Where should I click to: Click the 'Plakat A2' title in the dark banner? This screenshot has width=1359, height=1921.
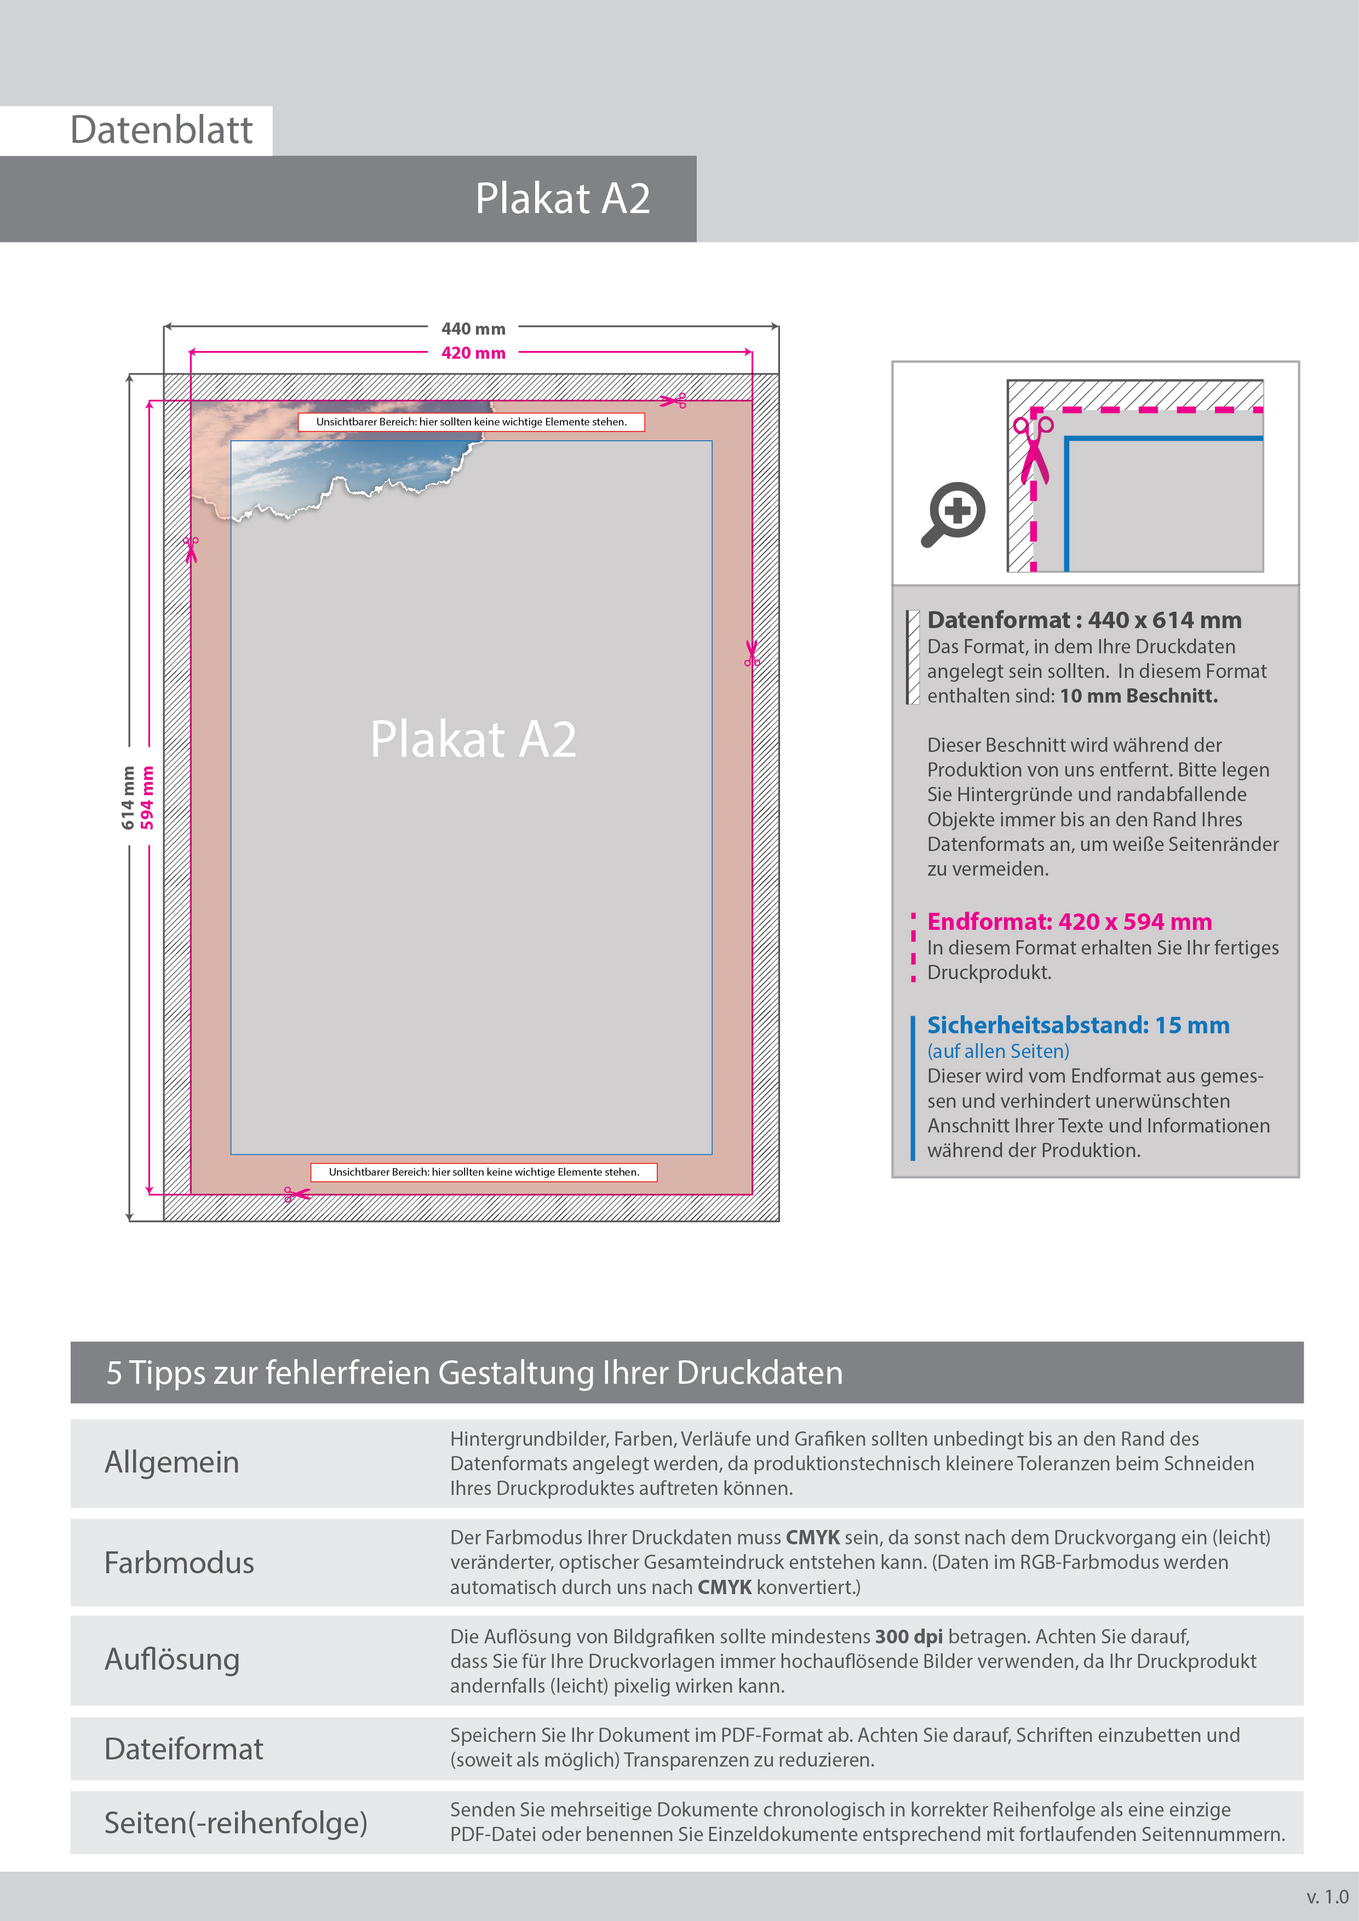coord(563,198)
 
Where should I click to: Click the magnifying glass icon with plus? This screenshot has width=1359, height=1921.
coord(954,513)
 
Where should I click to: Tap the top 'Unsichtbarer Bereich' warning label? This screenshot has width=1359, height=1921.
coord(471,422)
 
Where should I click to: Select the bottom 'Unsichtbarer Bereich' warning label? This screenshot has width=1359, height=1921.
coord(484,1172)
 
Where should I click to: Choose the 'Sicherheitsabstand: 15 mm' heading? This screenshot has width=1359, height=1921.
coord(1078,1025)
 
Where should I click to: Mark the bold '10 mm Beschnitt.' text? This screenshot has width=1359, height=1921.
coord(1138,696)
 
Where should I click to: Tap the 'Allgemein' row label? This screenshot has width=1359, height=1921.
coord(171,1463)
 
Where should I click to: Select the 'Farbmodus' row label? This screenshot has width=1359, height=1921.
coord(179,1562)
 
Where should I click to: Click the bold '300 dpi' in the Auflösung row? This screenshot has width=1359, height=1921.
coord(908,1637)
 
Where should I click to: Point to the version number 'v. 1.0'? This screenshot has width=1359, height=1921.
coord(1326,1897)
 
